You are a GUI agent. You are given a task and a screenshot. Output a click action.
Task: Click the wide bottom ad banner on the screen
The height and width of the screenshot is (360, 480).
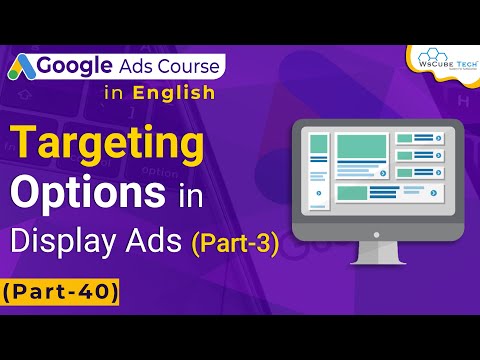click(386, 192)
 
